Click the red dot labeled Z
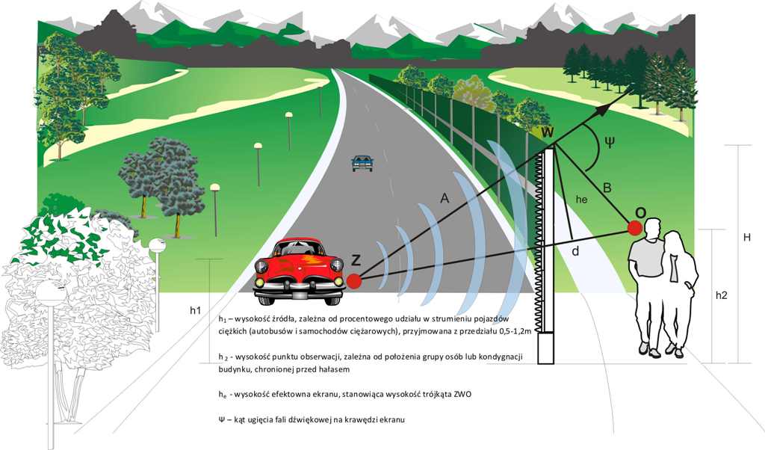coord(353,281)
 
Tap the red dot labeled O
coord(636,227)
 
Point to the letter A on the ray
coord(445,198)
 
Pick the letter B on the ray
coord(606,188)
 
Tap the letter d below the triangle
coord(575,251)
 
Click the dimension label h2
coord(721,295)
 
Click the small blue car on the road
coord(362,162)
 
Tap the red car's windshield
coord(299,247)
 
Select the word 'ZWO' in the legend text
coord(459,393)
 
